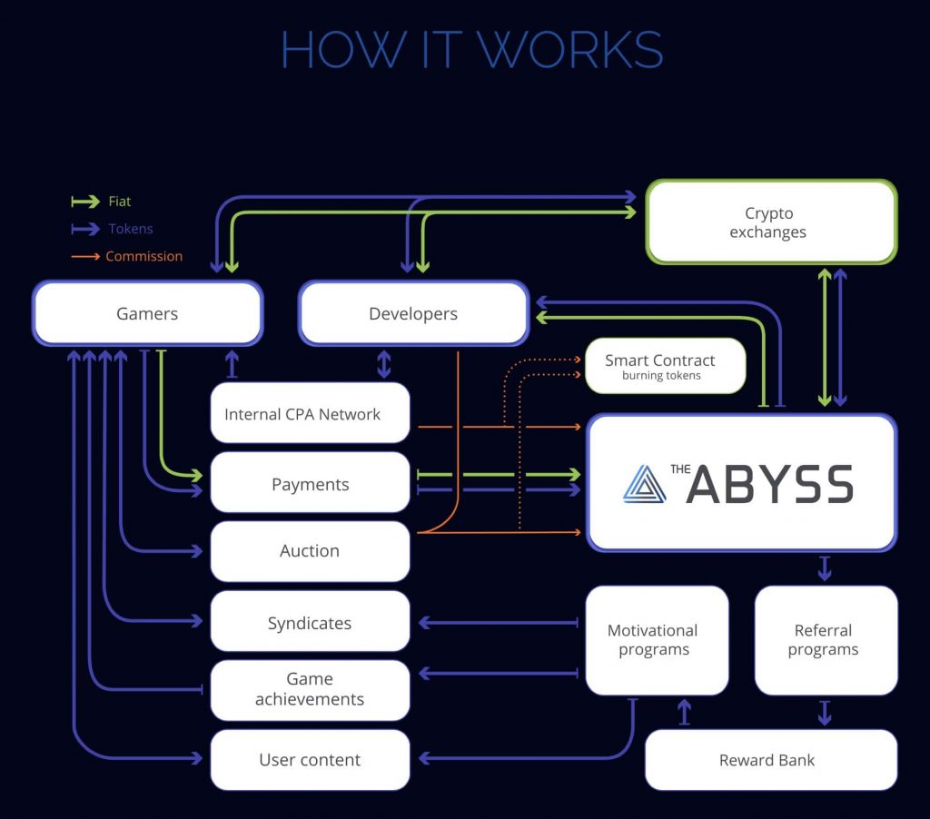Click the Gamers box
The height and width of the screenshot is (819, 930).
coord(147,313)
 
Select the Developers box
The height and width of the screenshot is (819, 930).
coord(413,313)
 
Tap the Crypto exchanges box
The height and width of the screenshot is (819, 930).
coord(770,222)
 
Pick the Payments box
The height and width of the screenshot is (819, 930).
coord(310,483)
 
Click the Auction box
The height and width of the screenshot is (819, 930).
coord(310,551)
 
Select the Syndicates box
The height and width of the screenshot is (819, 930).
coord(310,622)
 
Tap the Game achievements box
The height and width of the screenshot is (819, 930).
coord(310,690)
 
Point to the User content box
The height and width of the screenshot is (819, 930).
coord(310,760)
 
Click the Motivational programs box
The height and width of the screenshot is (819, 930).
coord(656,640)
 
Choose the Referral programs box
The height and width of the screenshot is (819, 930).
coord(825,640)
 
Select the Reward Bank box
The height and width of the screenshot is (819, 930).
coord(770,760)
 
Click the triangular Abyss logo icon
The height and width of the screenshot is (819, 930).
coord(644,484)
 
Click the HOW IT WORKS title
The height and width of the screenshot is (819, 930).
coord(471,50)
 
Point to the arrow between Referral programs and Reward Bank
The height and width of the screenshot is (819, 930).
coord(825,712)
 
